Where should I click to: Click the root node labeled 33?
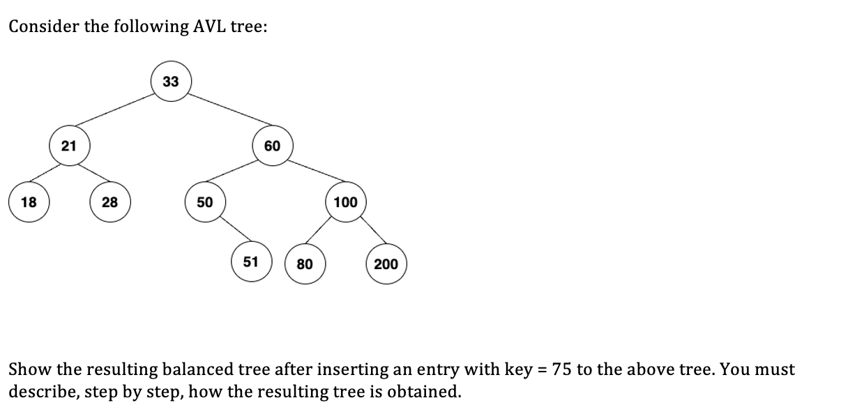(x=171, y=82)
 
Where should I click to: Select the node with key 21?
(x=68, y=146)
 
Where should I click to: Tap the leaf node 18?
(x=29, y=202)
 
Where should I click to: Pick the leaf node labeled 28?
(x=109, y=202)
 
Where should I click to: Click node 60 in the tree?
(x=272, y=146)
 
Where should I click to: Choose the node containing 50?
(x=204, y=202)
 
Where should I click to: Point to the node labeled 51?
(x=251, y=262)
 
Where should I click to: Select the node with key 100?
(x=346, y=202)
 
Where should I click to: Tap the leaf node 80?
(x=305, y=264)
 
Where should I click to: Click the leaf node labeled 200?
(x=386, y=264)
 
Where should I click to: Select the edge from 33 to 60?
(x=222, y=112)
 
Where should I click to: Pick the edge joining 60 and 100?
(x=309, y=174)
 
